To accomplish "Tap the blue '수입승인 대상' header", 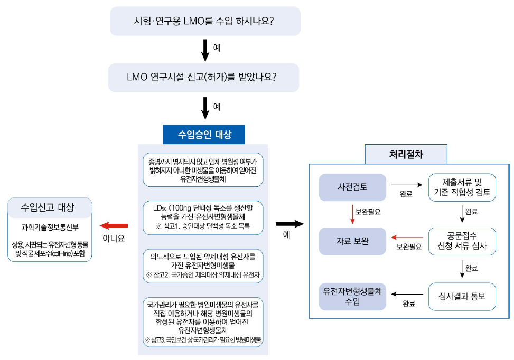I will pyautogui.click(x=204, y=134).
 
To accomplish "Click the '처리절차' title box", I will pyautogui.click(x=405, y=154).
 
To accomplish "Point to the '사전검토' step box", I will pyautogui.click(x=352, y=186).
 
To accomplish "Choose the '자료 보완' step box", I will pyautogui.click(x=352, y=241).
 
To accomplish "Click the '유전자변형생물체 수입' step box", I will pyautogui.click(x=352, y=296).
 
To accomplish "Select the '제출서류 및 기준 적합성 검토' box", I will pyautogui.click(x=462, y=187).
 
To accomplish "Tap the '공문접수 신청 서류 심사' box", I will pyautogui.click(x=462, y=241).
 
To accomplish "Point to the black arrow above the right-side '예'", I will pyautogui.click(x=291, y=224).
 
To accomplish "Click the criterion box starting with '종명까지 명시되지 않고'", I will pyautogui.click(x=203, y=169).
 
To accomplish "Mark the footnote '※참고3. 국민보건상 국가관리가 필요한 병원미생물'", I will pyautogui.click(x=203, y=339).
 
